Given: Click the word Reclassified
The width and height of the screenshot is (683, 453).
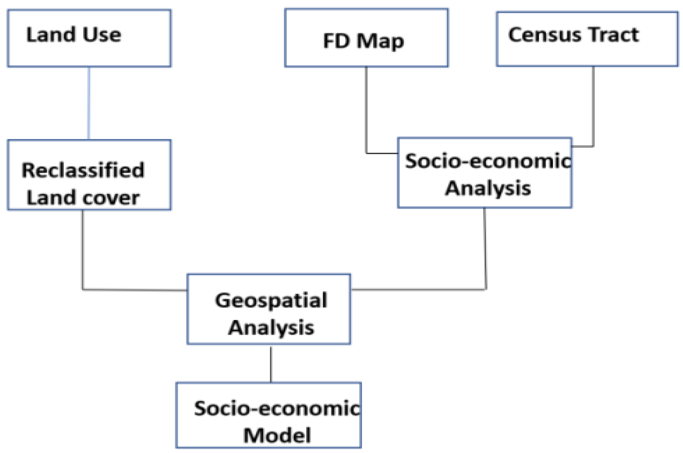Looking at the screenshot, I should click(x=83, y=170).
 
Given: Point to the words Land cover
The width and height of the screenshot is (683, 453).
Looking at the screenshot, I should click(x=83, y=198).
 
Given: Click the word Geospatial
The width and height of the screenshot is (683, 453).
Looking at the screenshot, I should click(x=271, y=300).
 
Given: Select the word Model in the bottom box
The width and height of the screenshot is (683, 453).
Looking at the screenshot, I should click(x=277, y=435).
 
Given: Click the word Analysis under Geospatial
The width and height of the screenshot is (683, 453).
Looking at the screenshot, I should click(x=271, y=327).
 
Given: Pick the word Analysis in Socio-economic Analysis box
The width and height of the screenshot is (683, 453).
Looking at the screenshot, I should click(x=488, y=188).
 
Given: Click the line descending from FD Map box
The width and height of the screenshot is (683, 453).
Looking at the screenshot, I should click(x=366, y=110).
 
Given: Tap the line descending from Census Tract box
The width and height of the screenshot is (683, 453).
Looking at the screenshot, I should click(x=593, y=107).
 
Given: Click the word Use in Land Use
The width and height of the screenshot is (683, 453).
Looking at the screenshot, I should click(x=102, y=35).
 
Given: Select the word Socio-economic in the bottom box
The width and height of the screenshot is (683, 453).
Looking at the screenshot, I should click(x=277, y=408).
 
